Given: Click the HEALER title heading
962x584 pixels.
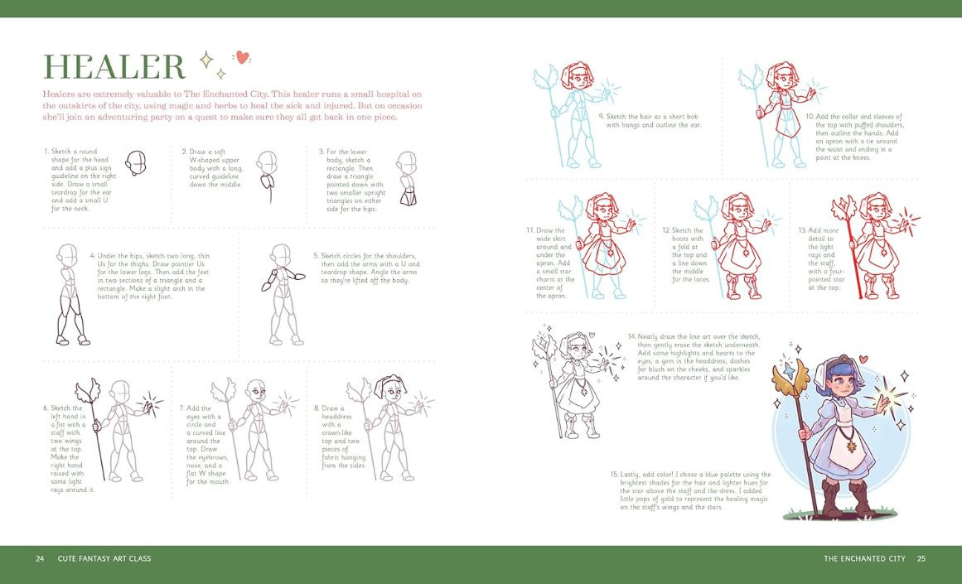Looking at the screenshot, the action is coord(114,66).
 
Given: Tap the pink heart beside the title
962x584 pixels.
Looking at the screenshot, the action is coord(243,57).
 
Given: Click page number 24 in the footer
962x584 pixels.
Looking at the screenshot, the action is coord(40,558).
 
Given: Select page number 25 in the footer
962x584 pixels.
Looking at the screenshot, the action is coord(921,558).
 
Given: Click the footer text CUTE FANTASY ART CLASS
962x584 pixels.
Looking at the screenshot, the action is coord(104,558).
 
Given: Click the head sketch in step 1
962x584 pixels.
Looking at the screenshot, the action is coord(136,163).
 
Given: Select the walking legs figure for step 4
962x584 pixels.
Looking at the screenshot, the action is coord(71,294).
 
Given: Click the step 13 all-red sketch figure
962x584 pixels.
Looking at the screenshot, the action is coord(873,245).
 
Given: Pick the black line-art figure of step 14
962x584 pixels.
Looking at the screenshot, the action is coord(573,380).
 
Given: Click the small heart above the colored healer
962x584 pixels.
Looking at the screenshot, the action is coord(863,359).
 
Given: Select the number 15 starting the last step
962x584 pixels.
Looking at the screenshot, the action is coord(614,475).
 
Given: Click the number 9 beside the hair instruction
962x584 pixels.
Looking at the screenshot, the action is coord(602,117).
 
